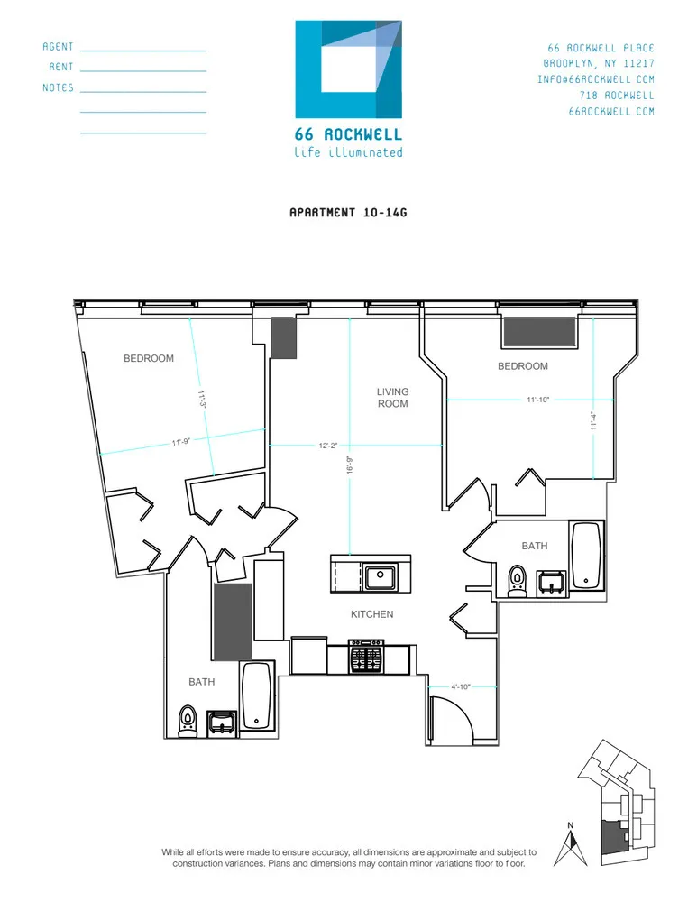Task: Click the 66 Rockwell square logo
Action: [348, 69]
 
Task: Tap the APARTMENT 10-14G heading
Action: [348, 213]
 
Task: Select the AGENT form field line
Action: [143, 51]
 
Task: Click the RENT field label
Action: [60, 68]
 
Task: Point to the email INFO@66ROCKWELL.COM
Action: [596, 79]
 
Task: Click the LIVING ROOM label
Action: [392, 398]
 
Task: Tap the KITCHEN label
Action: [371, 614]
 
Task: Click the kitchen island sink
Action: [381, 575]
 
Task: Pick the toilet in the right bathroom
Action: [517, 580]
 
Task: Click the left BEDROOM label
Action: [149, 359]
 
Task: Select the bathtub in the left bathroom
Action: [256, 695]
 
